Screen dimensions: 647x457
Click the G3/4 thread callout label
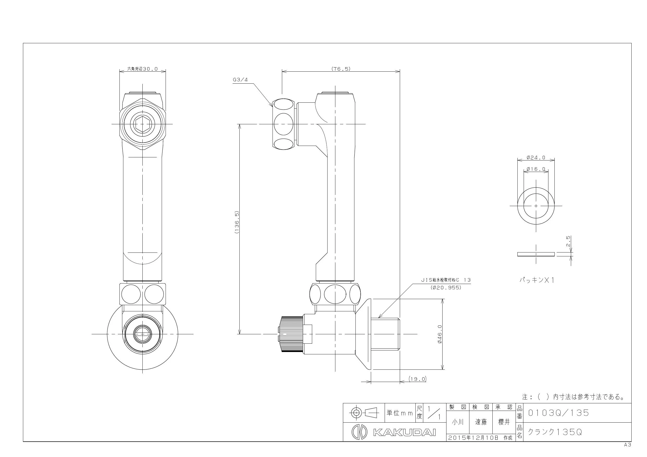tap(240, 80)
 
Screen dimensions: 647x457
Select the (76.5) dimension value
tap(341, 69)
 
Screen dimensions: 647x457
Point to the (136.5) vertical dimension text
tap(237, 222)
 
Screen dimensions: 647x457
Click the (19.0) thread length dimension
tap(418, 379)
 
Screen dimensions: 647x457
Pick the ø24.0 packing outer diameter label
tap(536, 158)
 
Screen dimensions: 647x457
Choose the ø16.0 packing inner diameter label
tap(536, 169)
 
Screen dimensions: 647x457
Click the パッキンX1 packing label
tap(537, 280)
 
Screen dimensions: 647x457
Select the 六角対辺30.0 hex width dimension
tap(142, 69)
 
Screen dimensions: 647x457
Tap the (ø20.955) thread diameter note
tap(446, 288)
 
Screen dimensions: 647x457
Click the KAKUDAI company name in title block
tap(404, 432)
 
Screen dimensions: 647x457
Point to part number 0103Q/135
tap(558, 413)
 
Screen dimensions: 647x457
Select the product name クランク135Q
tap(555, 432)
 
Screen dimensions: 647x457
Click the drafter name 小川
tap(458, 422)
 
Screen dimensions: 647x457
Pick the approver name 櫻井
tap(504, 422)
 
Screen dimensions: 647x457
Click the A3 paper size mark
tap(627, 445)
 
